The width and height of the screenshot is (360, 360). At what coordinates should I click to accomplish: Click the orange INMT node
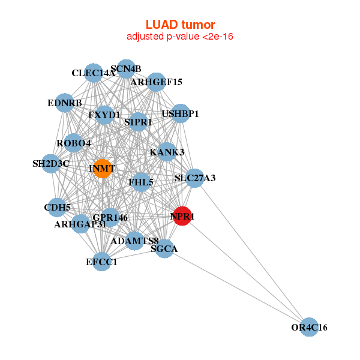click(103, 169)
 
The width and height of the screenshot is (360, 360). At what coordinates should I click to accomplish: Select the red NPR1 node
click(182, 217)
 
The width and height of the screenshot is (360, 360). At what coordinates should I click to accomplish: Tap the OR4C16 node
click(309, 327)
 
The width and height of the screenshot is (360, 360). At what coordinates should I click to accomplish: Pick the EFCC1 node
click(102, 262)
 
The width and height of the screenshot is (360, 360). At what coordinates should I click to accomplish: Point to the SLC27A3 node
click(194, 178)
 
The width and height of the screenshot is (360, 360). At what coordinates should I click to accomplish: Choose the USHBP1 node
click(181, 113)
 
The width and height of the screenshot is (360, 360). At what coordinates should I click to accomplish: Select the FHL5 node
click(141, 182)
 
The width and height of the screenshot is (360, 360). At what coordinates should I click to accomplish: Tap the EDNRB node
click(64, 103)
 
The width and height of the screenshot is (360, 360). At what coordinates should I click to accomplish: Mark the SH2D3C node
click(51, 163)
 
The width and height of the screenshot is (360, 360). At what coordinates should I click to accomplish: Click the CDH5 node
click(57, 208)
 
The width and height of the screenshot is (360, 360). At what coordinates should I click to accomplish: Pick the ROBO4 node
click(73, 143)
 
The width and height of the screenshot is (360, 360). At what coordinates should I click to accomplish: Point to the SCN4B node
click(126, 68)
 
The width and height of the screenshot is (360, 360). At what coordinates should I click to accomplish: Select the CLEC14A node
click(93, 73)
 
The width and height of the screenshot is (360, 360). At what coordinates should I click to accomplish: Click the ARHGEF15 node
click(156, 82)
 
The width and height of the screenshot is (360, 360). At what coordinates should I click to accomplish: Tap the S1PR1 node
click(138, 122)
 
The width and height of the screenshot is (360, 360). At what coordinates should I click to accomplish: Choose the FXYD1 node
click(104, 115)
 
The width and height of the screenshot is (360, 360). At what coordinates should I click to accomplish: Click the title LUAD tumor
click(180, 25)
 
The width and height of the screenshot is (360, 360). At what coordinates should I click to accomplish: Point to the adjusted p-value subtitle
click(180, 37)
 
